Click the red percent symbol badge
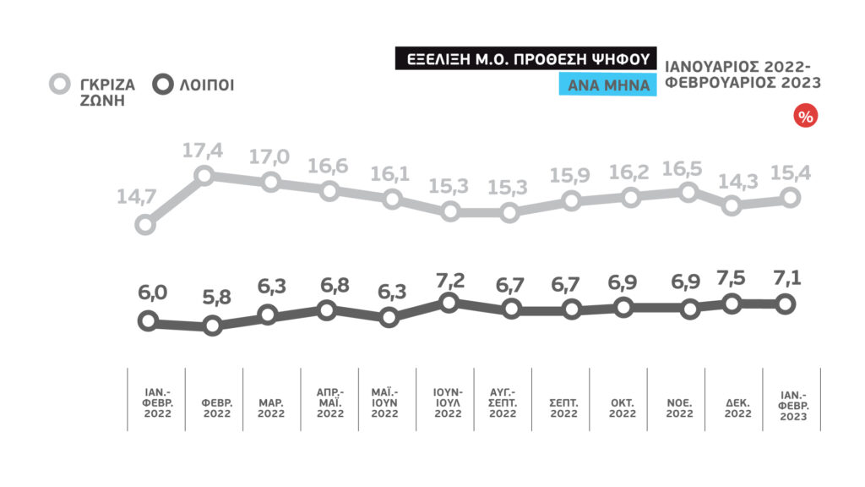point(805,118)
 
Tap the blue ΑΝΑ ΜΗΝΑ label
point(608,85)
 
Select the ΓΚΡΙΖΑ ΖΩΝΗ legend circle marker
point(59,85)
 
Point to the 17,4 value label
point(204,152)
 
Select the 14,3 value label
point(732,180)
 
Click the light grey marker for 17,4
point(204,176)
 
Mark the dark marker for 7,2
point(449,303)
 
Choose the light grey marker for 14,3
point(732,205)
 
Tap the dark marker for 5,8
point(212,326)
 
